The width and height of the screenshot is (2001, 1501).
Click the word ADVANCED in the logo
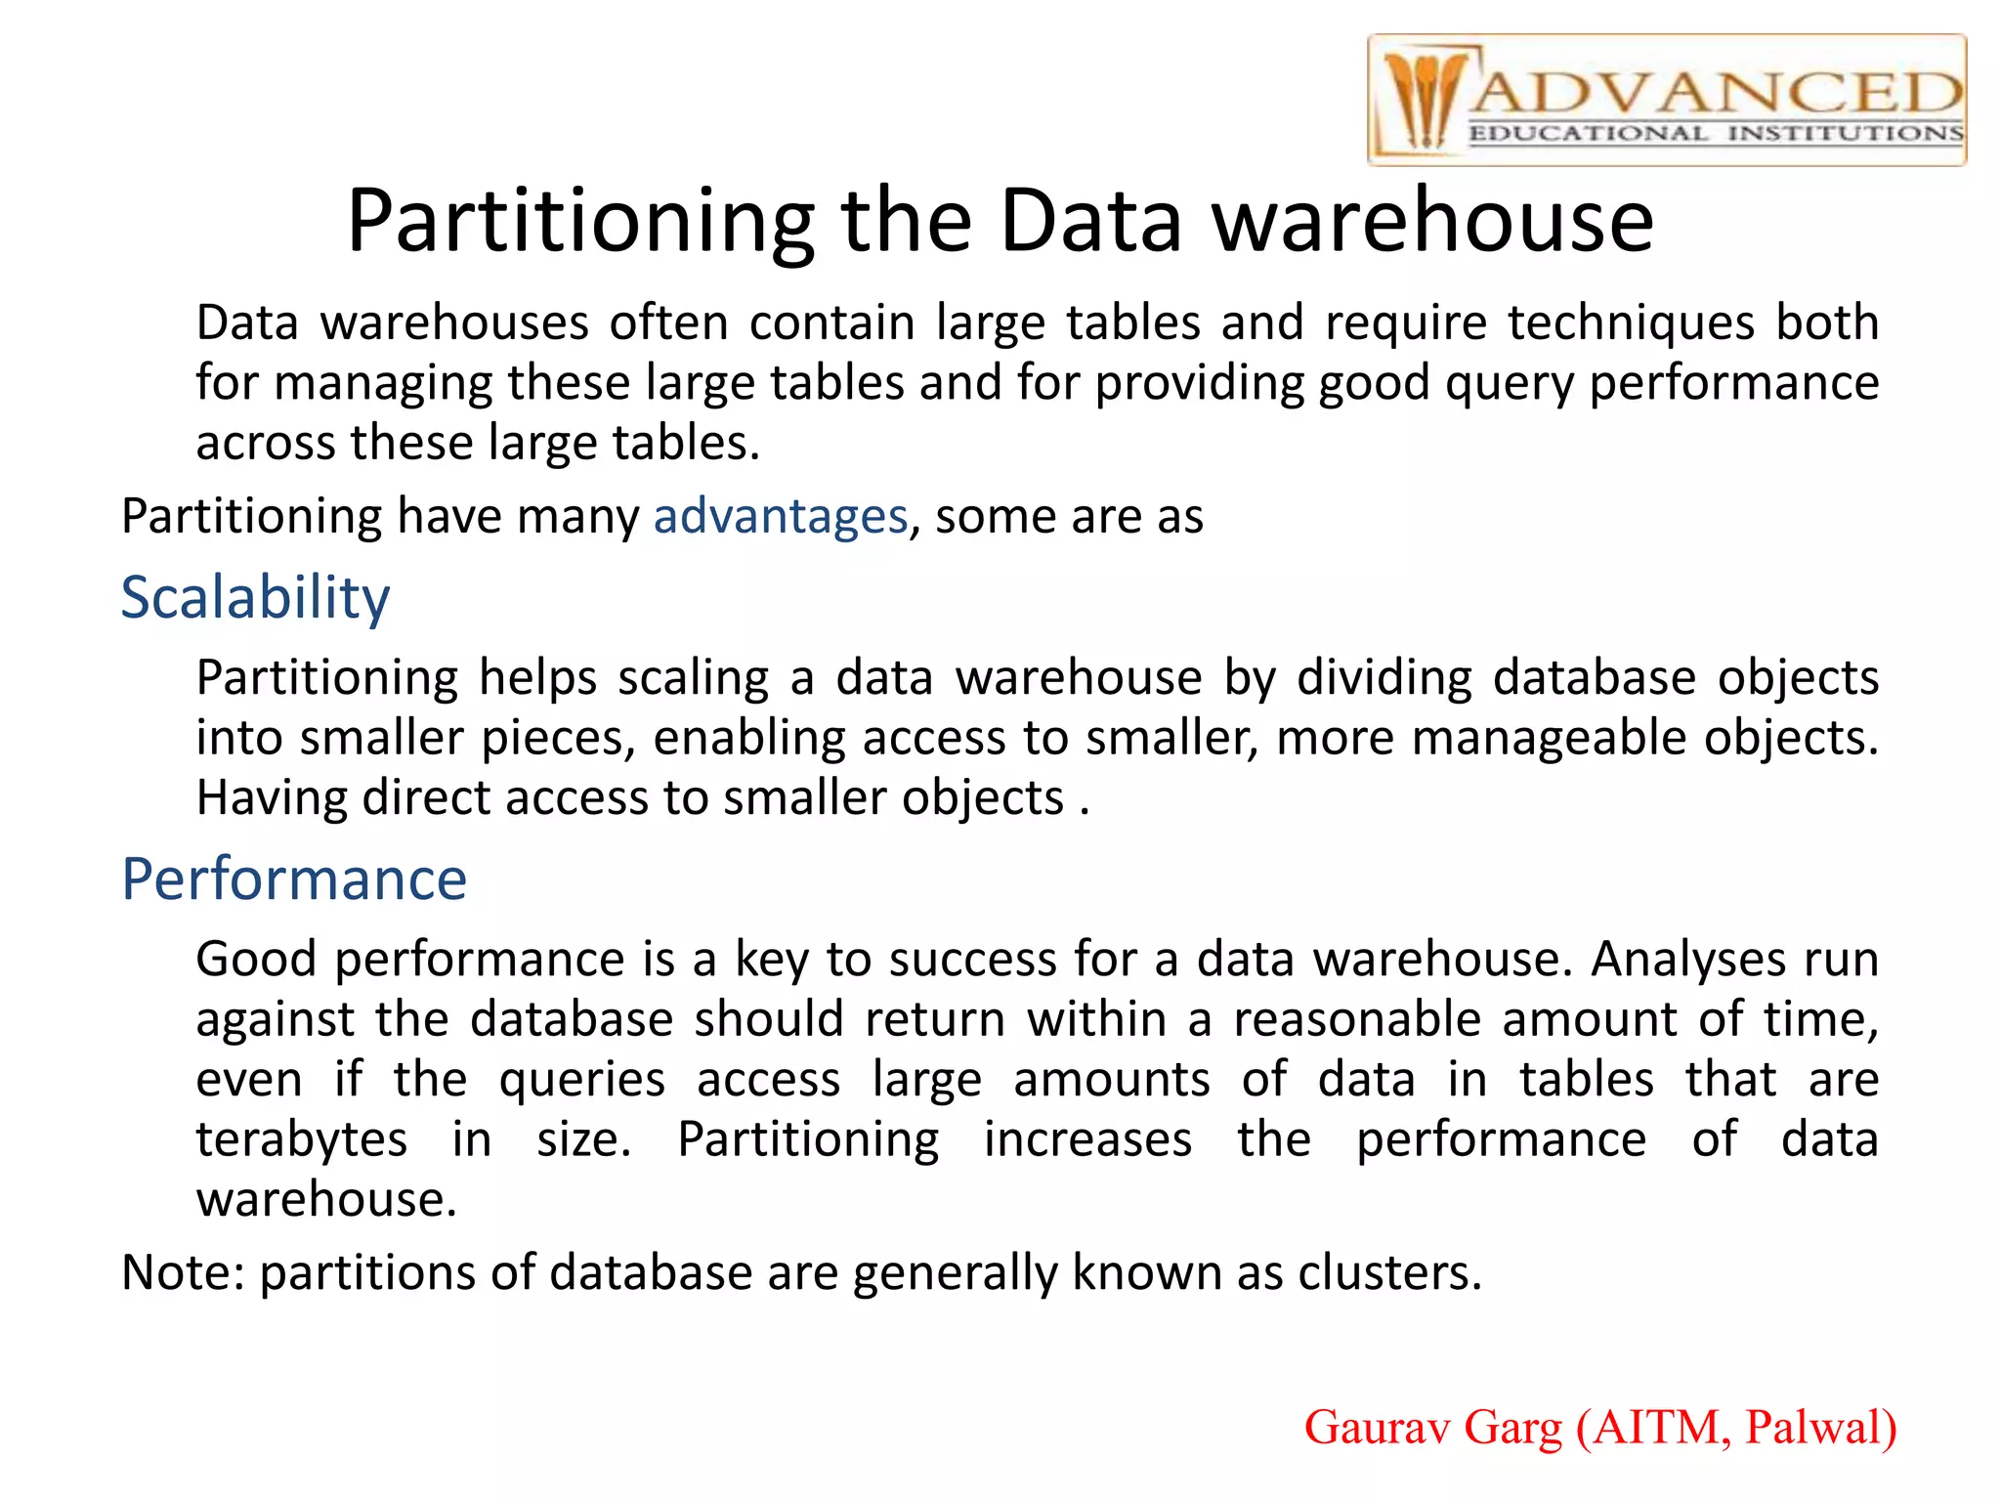pos(1716,93)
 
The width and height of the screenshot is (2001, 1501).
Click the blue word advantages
pos(781,516)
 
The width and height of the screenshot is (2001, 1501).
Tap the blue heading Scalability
pos(255,597)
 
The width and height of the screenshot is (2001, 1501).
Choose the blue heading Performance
pos(294,879)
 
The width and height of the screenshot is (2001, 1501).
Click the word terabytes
pos(302,1139)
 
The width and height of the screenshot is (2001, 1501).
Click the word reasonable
pos(1357,1019)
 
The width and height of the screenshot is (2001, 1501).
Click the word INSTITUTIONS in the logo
pos(1845,134)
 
